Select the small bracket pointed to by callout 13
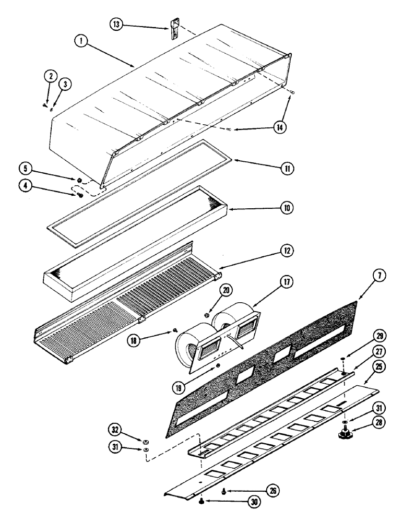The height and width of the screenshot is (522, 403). pyautogui.click(x=174, y=28)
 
